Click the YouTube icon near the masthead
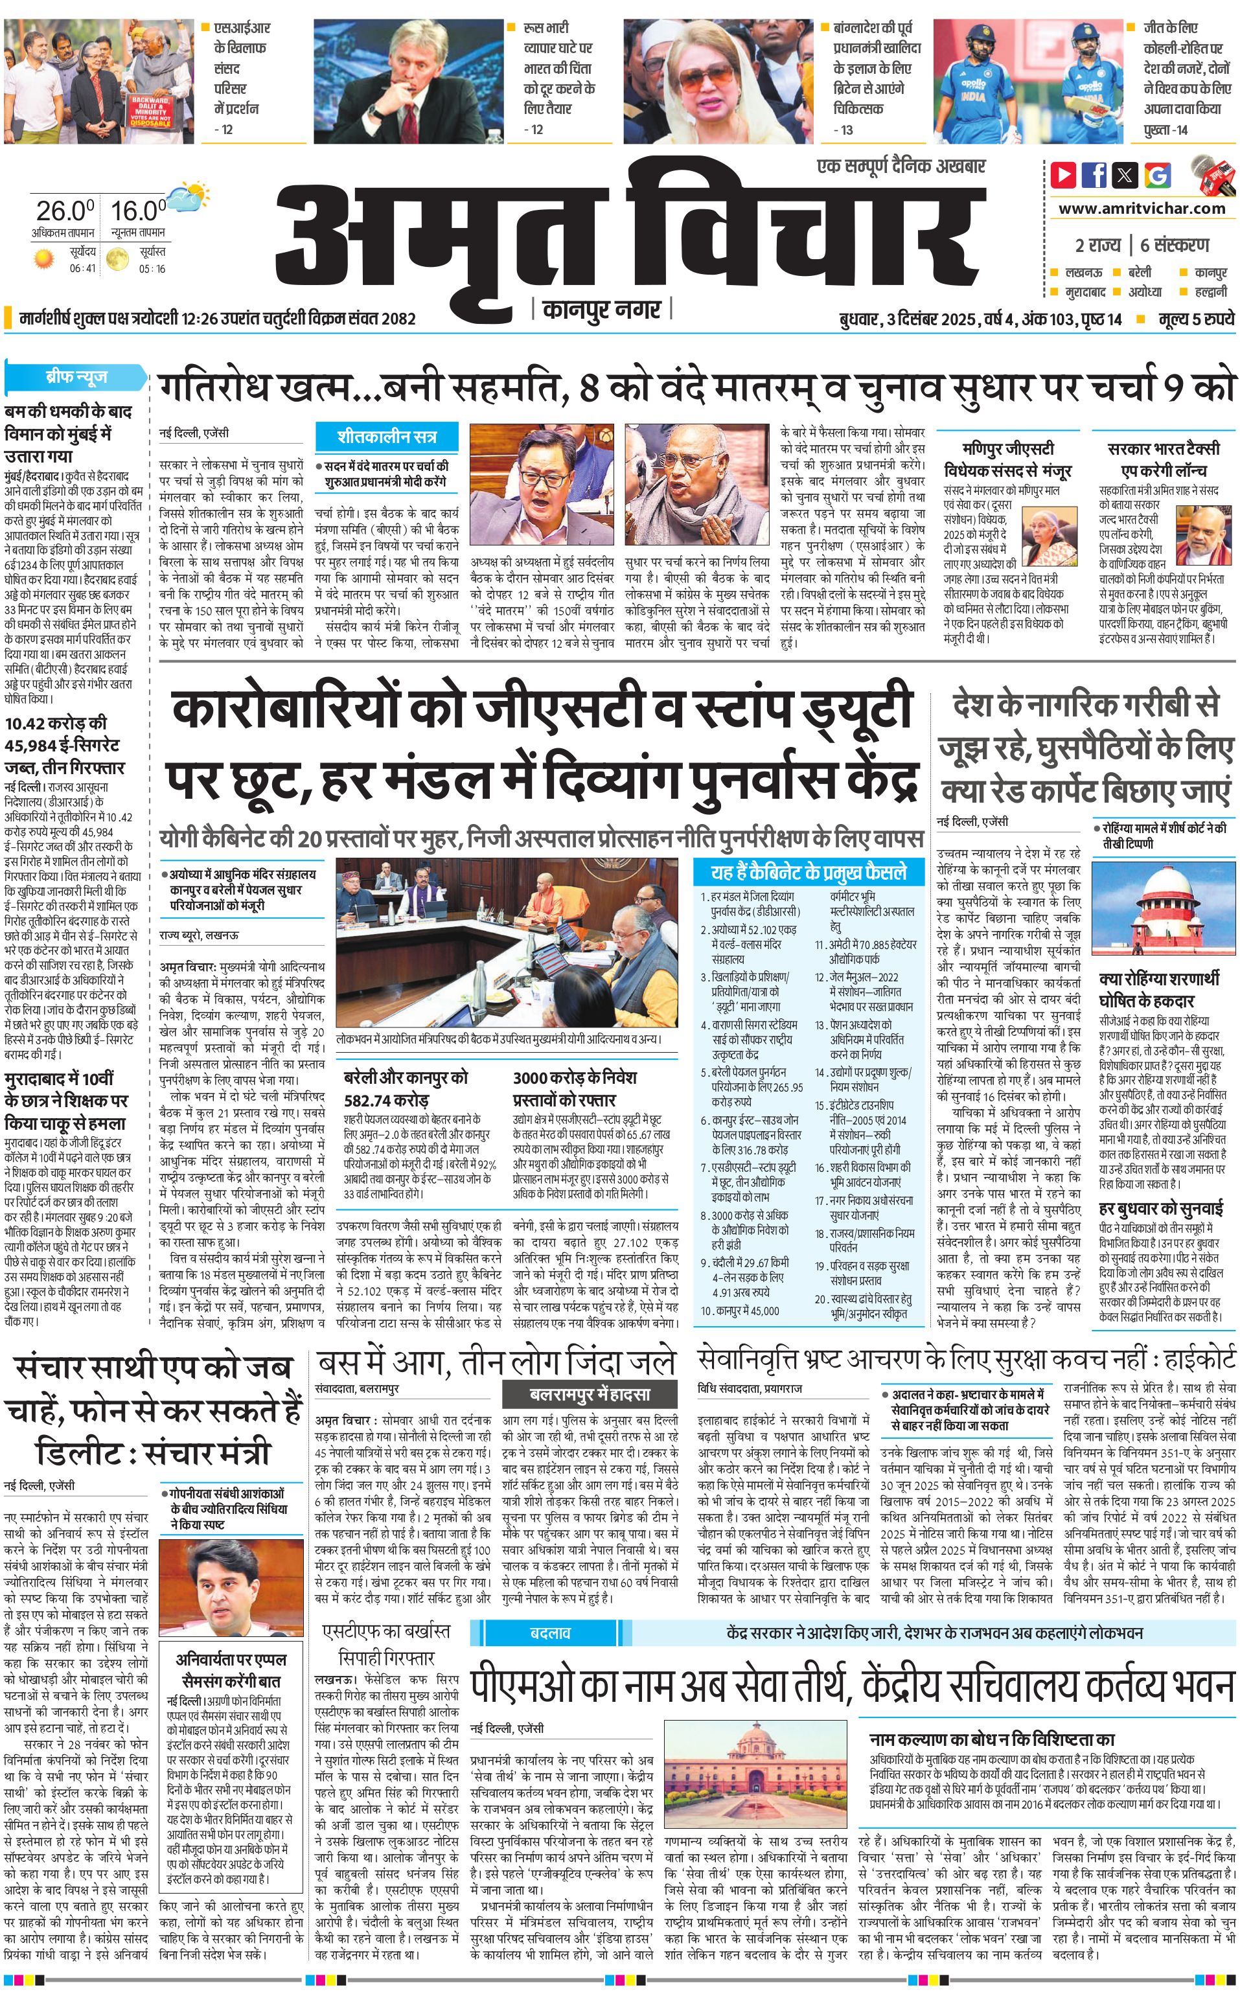click(1064, 175)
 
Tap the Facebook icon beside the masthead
click(1094, 175)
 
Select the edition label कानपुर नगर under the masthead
click(601, 310)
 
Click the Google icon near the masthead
click(1157, 175)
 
